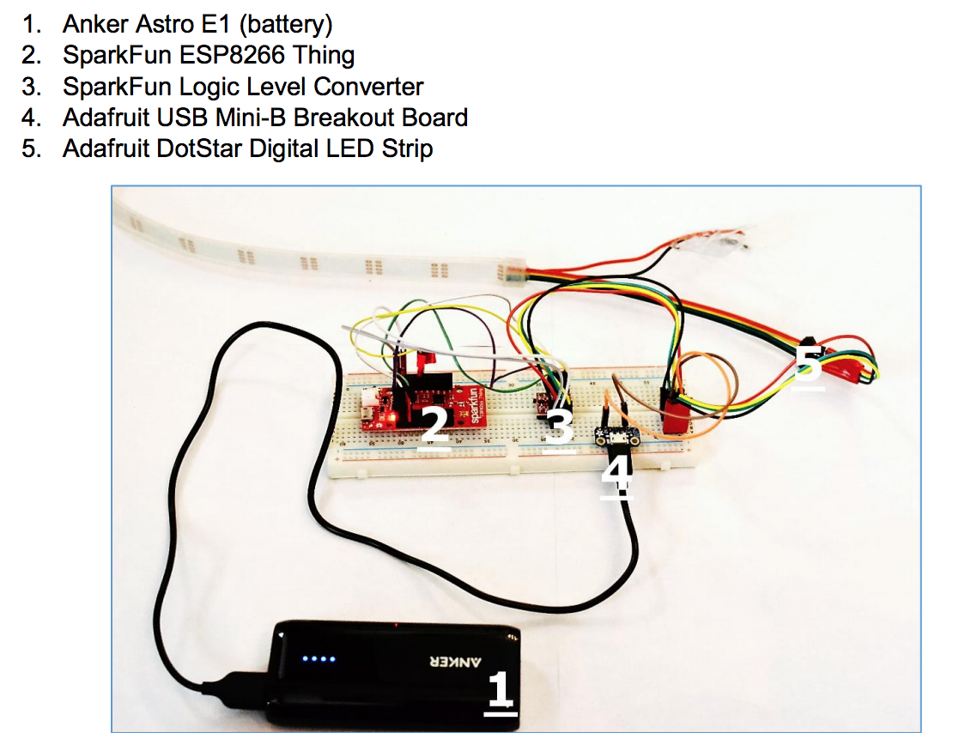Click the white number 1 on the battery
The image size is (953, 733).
(x=500, y=691)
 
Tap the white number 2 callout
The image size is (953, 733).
(x=434, y=427)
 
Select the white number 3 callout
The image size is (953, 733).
(x=559, y=427)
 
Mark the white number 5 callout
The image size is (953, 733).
(x=808, y=364)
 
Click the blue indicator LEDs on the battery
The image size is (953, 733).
(x=318, y=661)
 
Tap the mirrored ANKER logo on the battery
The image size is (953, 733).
(x=452, y=662)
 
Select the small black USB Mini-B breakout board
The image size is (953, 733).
(x=616, y=439)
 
